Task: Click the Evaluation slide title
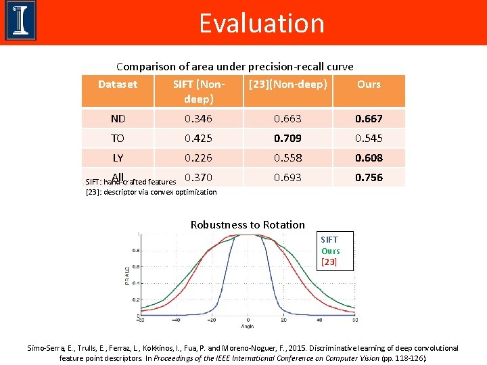(262, 23)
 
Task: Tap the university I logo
(20, 21)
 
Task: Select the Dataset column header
(118, 84)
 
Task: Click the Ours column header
(369, 84)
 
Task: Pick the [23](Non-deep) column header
(287, 84)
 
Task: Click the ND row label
(118, 119)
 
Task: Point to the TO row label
(118, 139)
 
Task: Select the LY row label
(118, 158)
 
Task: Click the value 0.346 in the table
(198, 119)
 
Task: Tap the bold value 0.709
(287, 139)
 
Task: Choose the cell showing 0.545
(369, 139)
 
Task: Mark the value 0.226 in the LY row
(198, 158)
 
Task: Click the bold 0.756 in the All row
(369, 178)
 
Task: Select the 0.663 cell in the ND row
(287, 119)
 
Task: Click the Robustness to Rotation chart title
(248, 225)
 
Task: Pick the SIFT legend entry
(329, 240)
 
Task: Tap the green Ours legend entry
(331, 251)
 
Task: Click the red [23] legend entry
(329, 262)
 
